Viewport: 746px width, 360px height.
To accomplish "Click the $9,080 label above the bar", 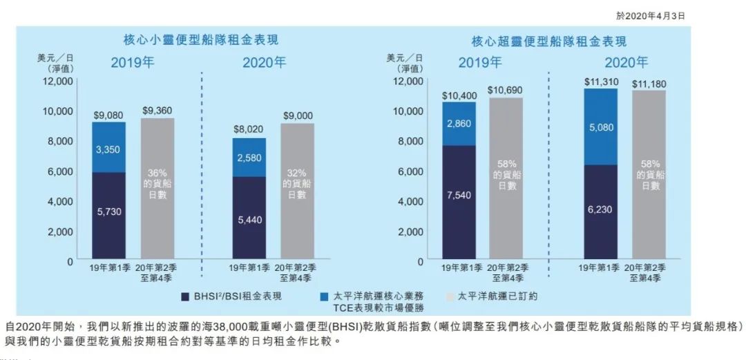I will [x=108, y=115].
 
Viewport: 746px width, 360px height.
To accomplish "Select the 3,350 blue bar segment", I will [x=108, y=147].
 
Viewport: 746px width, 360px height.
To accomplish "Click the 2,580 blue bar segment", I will [x=249, y=158].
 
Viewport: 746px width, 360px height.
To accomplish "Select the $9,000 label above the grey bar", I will [x=297, y=115].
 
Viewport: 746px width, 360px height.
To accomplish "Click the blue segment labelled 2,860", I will [x=459, y=124].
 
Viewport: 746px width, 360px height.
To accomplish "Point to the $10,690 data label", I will [x=506, y=91].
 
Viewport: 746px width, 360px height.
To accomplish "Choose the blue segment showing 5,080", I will [x=600, y=126].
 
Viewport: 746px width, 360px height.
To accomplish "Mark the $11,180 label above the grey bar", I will [x=649, y=83].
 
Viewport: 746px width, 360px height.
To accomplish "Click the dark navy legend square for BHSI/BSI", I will [x=186, y=296].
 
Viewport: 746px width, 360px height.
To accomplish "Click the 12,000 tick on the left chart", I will [x=58, y=82].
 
